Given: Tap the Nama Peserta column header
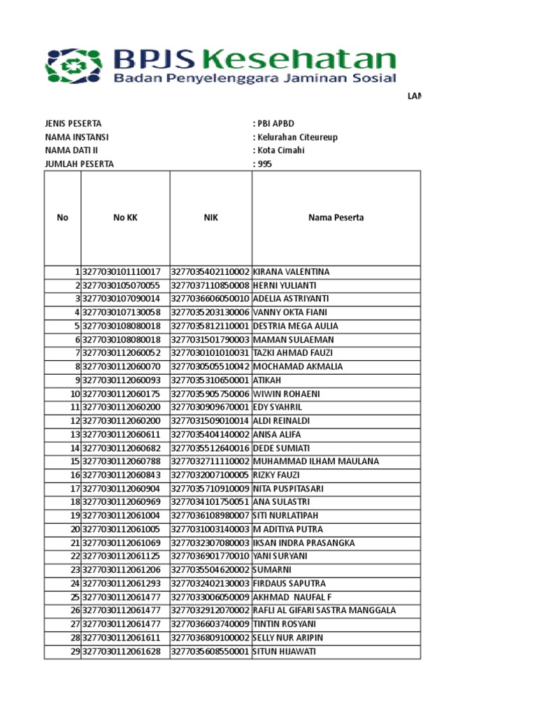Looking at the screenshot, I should click(x=336, y=217).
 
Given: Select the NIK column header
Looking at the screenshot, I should click(x=210, y=217).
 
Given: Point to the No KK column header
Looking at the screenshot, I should click(x=125, y=217).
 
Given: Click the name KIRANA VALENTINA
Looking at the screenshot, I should click(x=291, y=272).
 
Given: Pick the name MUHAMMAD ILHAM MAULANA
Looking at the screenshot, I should click(x=315, y=461).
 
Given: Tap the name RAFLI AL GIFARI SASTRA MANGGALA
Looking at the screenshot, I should click(x=324, y=610).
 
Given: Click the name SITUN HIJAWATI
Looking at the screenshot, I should click(x=284, y=652).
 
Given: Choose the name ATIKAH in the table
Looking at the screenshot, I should click(x=266, y=380).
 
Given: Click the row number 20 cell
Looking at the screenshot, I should click(x=73, y=529).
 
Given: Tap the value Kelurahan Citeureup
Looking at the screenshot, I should click(x=297, y=137).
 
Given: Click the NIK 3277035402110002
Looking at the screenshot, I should click(x=210, y=272).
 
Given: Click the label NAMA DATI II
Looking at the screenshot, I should click(x=71, y=150).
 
